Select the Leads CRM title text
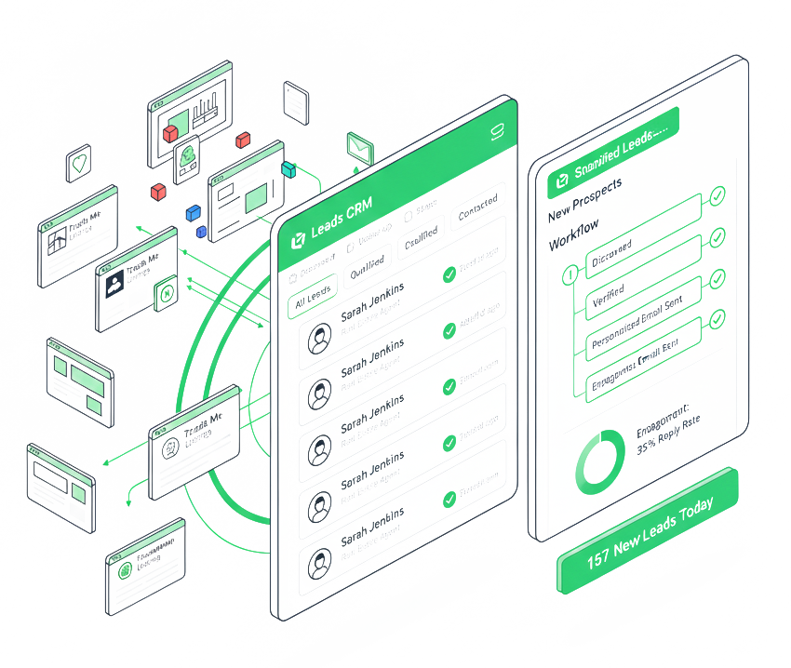[342, 226]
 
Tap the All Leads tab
[313, 299]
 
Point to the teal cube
[288, 169]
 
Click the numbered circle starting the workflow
[570, 275]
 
